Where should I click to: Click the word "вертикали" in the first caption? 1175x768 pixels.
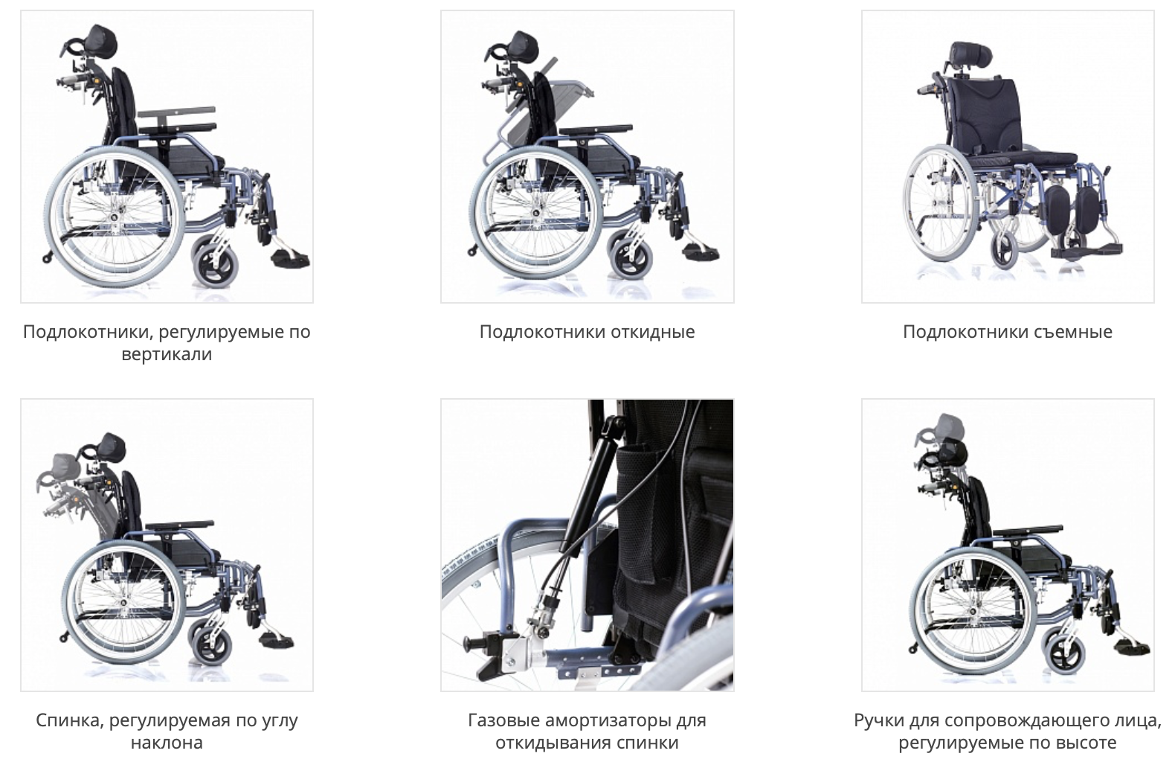(167, 354)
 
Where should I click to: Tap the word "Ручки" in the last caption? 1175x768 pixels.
(878, 721)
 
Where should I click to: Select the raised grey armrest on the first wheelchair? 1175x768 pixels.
(176, 112)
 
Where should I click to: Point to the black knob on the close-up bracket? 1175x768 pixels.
(474, 642)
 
